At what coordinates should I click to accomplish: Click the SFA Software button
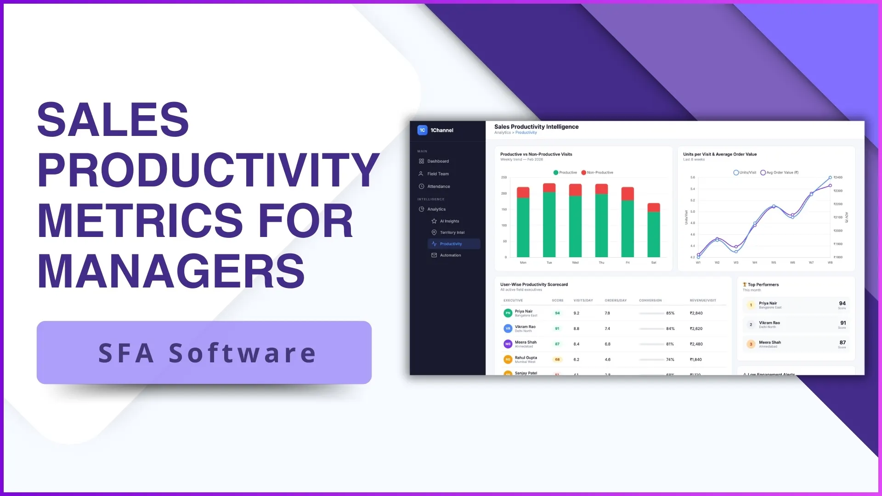point(204,353)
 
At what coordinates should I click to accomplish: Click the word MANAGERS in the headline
point(171,271)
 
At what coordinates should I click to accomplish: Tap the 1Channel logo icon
point(422,130)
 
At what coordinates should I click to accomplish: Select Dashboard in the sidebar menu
point(438,161)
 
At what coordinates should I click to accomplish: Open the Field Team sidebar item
point(438,174)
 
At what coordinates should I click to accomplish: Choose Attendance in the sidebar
point(438,186)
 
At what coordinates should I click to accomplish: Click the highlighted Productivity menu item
point(451,244)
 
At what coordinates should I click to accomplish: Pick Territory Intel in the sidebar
point(452,232)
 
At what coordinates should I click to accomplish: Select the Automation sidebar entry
point(450,255)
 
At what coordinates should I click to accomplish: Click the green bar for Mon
point(523,227)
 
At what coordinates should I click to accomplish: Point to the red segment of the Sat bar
point(654,207)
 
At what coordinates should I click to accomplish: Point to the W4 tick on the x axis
point(755,263)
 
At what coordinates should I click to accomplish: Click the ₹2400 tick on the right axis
point(838,177)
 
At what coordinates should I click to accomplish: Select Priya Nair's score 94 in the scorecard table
point(557,313)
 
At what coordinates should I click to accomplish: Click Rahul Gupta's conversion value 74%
point(670,360)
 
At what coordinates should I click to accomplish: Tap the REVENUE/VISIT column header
point(702,300)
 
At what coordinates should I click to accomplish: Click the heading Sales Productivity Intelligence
point(536,127)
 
